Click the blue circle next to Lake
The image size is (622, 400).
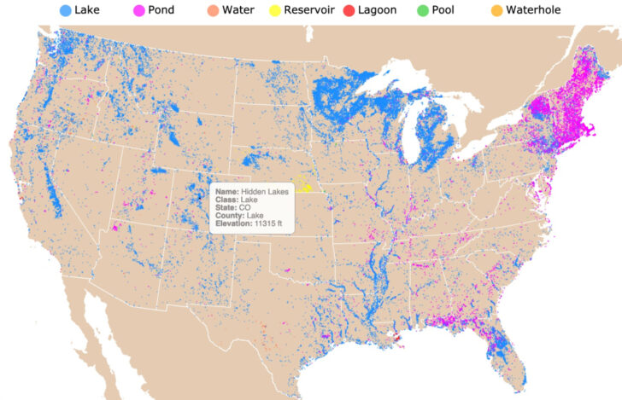[x=65, y=10]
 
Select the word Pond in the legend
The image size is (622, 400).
[x=161, y=10]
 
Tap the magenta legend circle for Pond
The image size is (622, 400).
[x=138, y=10]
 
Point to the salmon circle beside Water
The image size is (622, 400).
[x=211, y=10]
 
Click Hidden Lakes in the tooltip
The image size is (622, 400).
[x=265, y=193]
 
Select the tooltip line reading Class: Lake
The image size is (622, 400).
[x=238, y=200]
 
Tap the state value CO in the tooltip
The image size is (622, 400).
[x=244, y=208]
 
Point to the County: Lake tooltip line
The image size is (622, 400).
[x=241, y=216]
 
